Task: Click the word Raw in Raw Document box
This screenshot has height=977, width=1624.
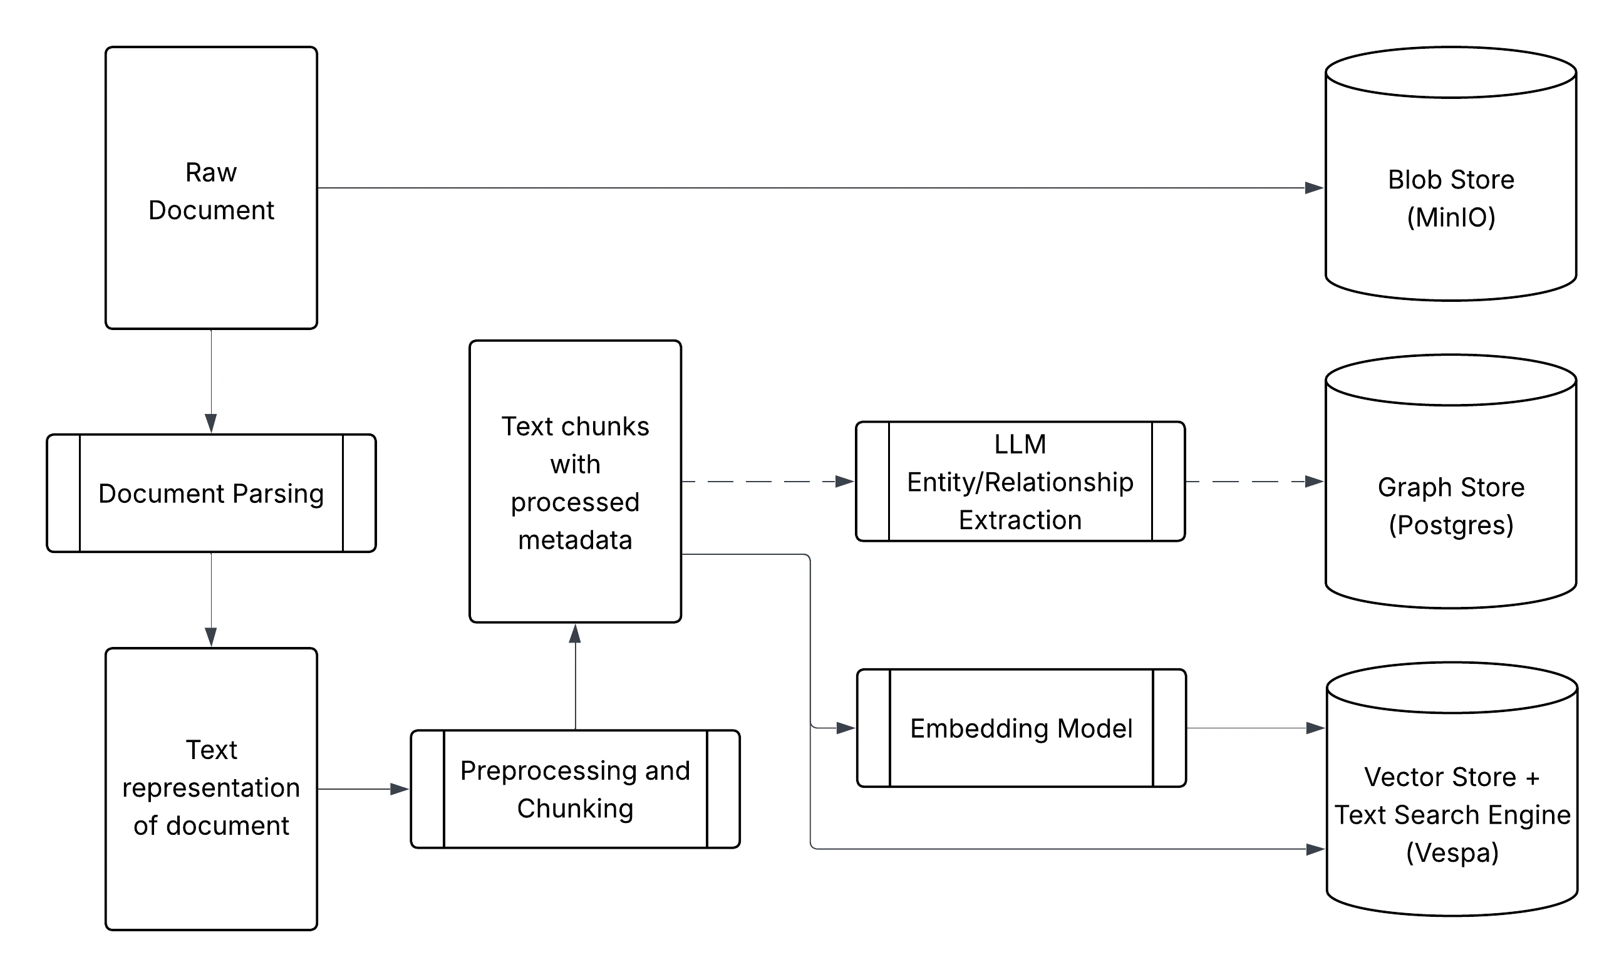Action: pos(210,172)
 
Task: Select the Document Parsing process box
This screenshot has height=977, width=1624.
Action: pos(210,493)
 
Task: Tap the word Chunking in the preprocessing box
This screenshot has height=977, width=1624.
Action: pos(575,809)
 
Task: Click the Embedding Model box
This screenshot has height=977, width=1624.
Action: pos(1020,728)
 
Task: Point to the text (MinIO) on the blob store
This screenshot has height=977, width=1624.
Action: pos(1451,217)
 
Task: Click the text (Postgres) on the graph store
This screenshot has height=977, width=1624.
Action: pos(1451,525)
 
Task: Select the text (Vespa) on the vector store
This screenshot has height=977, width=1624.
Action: pos(1452,852)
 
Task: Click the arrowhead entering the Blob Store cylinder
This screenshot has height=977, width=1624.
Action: pos(1313,188)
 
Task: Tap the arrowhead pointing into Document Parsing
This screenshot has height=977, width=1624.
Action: pos(210,423)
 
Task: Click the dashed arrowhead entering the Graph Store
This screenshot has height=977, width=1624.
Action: pos(1313,481)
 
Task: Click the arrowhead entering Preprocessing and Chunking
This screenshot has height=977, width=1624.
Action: pos(399,788)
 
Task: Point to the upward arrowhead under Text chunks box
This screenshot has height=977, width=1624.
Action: pos(575,634)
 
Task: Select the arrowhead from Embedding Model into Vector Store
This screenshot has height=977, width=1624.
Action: pos(1315,728)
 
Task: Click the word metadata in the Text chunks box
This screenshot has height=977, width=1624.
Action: pos(575,540)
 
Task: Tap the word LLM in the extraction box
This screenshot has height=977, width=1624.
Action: pos(1020,445)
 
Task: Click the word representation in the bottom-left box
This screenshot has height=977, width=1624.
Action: pos(210,787)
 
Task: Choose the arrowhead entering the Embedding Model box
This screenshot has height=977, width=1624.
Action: pos(845,728)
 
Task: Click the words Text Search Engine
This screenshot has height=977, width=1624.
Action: pos(1452,815)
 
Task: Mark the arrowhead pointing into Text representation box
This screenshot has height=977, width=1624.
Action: pos(210,637)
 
